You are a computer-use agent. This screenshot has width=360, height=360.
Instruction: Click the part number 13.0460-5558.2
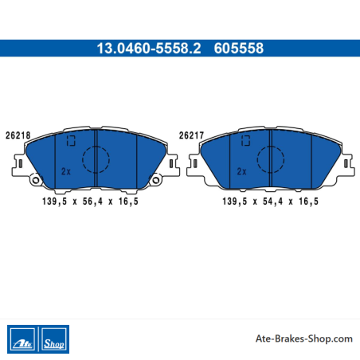149,49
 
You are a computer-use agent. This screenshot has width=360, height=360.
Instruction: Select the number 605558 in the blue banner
239,49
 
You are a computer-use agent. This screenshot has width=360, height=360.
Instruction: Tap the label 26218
18,135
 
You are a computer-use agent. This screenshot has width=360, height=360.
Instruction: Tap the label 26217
191,135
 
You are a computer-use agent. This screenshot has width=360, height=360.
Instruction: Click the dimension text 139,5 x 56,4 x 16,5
90,202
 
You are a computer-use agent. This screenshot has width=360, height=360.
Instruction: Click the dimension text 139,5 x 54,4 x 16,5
270,202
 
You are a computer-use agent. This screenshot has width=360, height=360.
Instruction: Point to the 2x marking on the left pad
66,171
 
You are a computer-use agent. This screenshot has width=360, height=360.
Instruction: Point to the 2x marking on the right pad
241,171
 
